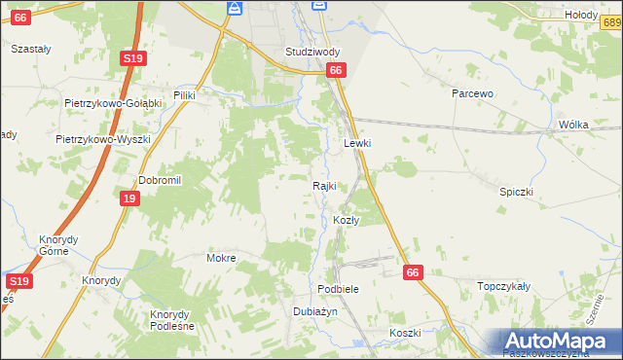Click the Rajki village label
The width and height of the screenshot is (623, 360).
(324, 186)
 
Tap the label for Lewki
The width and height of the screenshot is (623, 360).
(358, 143)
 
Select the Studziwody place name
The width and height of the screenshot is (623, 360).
(312, 51)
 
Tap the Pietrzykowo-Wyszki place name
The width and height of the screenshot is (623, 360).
(103, 139)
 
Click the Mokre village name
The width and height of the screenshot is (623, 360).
(221, 259)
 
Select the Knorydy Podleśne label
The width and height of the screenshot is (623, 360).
(171, 320)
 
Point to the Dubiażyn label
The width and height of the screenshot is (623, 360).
(314, 311)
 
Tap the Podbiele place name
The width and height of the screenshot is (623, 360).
(339, 290)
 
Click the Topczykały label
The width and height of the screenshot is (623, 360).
(503, 287)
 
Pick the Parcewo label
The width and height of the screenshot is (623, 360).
(474, 93)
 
